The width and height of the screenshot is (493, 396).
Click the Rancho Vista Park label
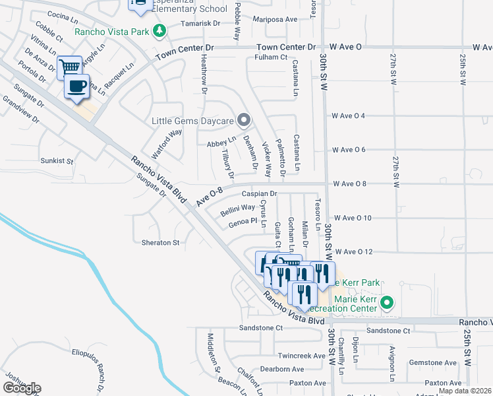[x=111, y=31]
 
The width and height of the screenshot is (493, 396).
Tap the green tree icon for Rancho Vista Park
[x=158, y=30]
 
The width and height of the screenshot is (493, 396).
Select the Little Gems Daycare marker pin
[x=245, y=120]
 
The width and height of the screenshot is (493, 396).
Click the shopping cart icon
[x=69, y=67]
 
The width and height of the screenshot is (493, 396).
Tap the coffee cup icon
[x=76, y=86]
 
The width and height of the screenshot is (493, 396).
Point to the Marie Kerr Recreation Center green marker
[x=388, y=304]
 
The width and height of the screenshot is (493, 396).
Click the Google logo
[x=22, y=388]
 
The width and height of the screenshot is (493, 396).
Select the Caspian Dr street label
[x=259, y=194]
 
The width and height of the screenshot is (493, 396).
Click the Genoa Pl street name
[x=242, y=222]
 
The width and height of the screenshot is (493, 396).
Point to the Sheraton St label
[x=160, y=243]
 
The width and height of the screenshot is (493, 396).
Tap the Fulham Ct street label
[x=271, y=57]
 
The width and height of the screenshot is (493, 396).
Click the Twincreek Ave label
[x=302, y=355]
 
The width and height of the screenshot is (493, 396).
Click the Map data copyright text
[x=465, y=391]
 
